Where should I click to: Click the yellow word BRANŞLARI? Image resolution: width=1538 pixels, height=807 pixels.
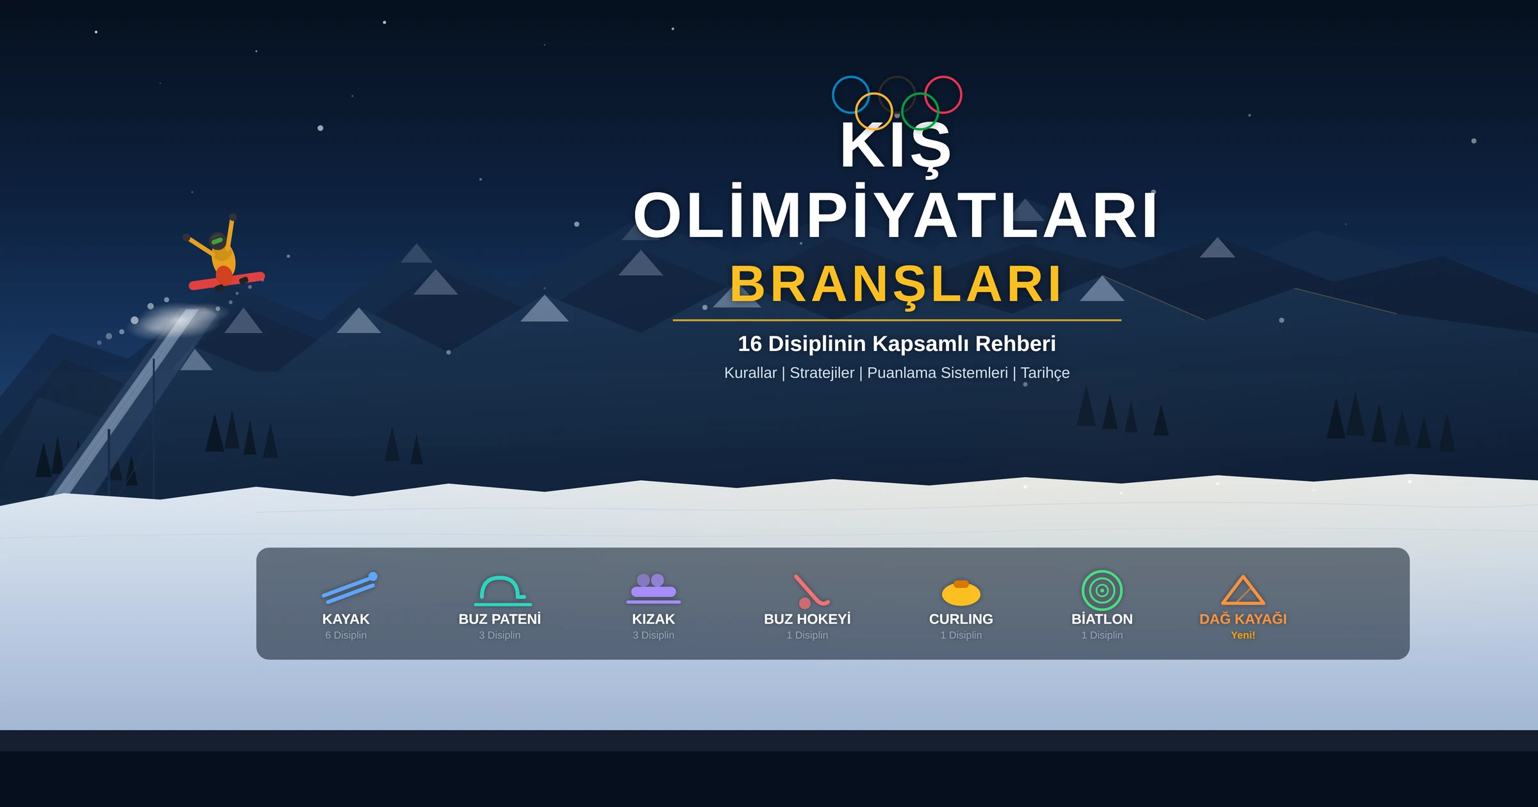pyautogui.click(x=897, y=284)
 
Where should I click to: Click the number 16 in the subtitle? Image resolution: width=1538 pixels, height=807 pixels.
pyautogui.click(x=750, y=344)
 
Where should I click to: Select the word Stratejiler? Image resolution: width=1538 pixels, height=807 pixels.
pyautogui.click(x=822, y=373)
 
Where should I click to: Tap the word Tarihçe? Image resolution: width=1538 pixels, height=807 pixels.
pyautogui.click(x=1045, y=373)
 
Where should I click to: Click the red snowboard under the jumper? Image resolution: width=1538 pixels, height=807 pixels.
pyautogui.click(x=227, y=281)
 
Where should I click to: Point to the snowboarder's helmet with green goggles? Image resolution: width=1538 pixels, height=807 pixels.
pyautogui.click(x=218, y=241)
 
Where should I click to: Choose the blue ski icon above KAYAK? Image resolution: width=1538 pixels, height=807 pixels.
pyautogui.click(x=350, y=588)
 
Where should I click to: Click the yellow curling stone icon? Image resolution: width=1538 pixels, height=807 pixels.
pyautogui.click(x=961, y=593)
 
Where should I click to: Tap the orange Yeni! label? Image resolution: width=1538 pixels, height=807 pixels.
pyautogui.click(x=1243, y=635)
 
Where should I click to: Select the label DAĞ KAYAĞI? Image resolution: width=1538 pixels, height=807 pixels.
pyautogui.click(x=1243, y=619)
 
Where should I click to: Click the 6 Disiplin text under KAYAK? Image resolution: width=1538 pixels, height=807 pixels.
pyautogui.click(x=346, y=635)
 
